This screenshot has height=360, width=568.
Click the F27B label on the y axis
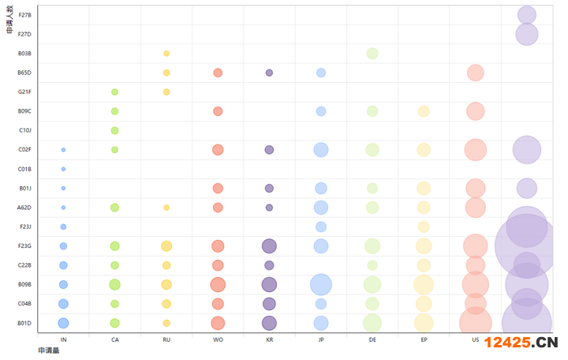24,15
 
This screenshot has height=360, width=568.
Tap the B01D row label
24,322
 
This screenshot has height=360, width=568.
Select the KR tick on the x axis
270,340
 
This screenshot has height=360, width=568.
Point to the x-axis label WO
218,340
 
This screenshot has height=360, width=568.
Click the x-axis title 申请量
49,351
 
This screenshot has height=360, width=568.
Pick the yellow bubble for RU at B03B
166,54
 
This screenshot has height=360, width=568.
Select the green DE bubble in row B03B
372,54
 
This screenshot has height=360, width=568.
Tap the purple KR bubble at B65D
269,73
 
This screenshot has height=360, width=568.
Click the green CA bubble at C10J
114,130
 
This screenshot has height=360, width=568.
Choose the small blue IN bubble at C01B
63,169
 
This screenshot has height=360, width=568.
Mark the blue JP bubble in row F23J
321,227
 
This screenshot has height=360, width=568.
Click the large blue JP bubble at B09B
321,284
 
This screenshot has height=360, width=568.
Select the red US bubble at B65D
475,73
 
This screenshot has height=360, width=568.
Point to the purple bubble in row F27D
527,34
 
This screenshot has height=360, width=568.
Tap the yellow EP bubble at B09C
424,111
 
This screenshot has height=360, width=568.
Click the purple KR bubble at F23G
269,246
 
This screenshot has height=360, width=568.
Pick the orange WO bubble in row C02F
218,150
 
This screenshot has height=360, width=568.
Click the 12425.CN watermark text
521,343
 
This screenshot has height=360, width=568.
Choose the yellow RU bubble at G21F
166,92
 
